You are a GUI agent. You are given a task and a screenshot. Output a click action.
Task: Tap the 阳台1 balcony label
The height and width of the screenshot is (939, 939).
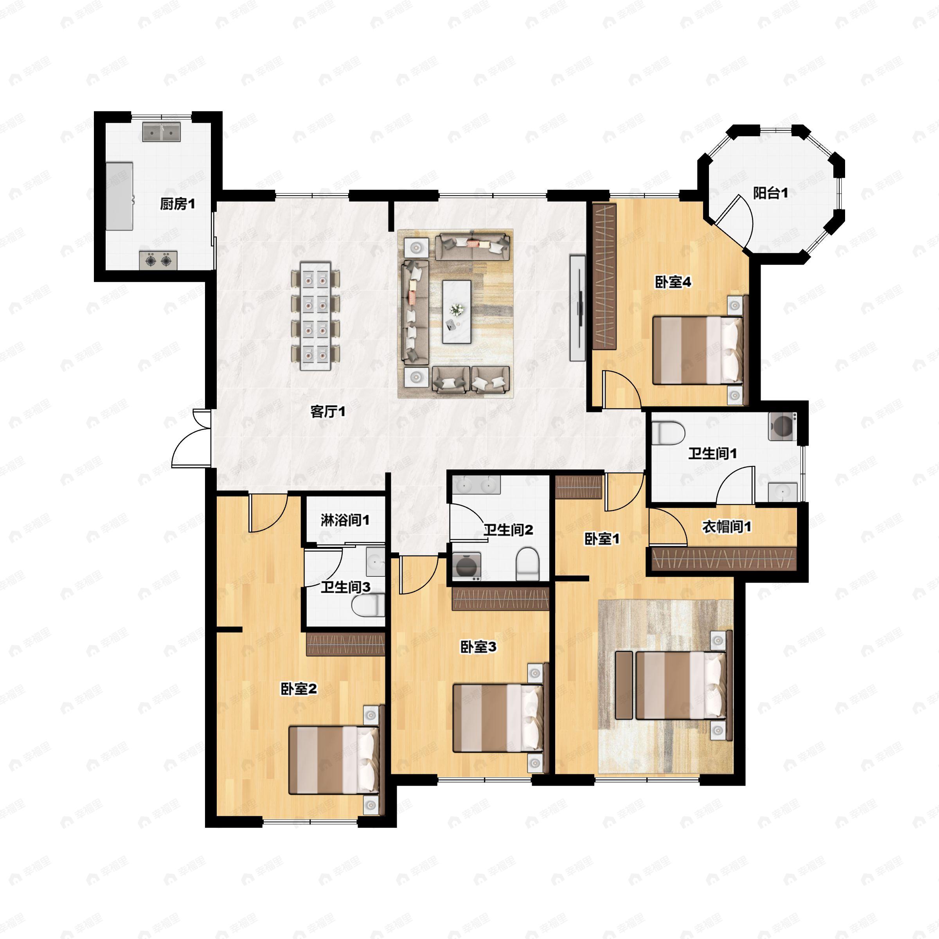770,193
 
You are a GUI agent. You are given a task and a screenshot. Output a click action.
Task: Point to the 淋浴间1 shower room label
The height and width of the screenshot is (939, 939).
345,520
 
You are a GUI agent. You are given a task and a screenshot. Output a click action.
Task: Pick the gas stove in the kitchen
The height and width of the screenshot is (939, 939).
158,261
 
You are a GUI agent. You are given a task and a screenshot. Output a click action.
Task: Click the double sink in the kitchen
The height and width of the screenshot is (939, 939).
161,132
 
